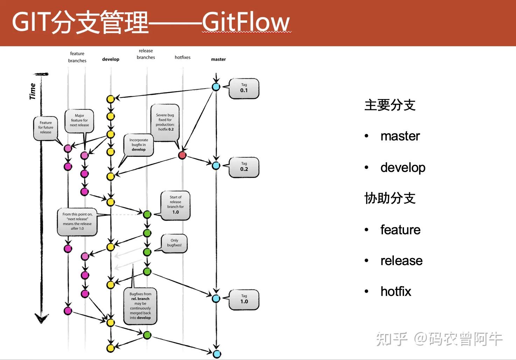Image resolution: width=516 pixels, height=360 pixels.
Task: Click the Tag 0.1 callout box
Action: pos(244,88)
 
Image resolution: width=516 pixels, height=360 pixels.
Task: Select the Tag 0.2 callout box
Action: pos(244,167)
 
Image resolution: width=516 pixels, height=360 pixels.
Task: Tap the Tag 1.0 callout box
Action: pos(244,299)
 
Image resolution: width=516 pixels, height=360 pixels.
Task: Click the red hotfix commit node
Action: pos(182,155)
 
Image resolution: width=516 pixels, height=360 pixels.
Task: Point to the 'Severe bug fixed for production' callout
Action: pos(165,123)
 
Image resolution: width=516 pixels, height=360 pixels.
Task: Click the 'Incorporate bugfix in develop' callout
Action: pos(139,145)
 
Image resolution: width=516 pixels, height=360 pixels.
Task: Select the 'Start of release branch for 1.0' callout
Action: pos(175,205)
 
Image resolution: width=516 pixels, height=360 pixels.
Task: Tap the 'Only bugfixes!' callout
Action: pos(174,243)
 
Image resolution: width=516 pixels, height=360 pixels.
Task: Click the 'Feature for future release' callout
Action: pos(46,128)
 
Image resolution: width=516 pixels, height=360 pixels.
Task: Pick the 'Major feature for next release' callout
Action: pos(79,120)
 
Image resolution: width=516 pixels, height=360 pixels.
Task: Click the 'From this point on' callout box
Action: pos(77,222)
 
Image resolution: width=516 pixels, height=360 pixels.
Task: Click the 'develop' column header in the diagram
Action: pos(111,59)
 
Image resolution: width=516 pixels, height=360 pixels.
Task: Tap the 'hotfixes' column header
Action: pos(182,57)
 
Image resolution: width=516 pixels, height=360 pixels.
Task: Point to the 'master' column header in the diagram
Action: pos(218,59)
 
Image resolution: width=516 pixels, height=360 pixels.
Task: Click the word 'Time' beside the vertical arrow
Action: pos(33,91)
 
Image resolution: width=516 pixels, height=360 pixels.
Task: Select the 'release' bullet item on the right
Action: pos(401,261)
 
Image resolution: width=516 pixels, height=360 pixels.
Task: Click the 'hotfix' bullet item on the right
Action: pos(396,291)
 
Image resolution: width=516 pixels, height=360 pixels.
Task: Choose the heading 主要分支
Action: pos(390,105)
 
